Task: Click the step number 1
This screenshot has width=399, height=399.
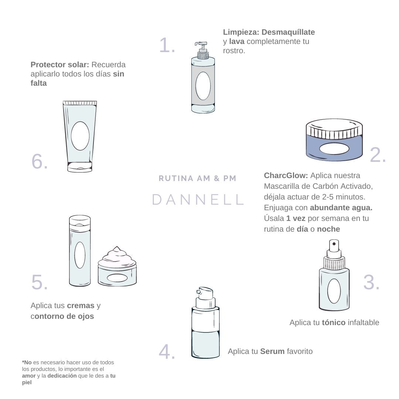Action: click(167, 45)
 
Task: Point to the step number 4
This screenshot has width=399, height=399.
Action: click(167, 352)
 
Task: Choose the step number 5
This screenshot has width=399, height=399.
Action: click(40, 282)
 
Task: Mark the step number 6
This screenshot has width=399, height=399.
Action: click(40, 161)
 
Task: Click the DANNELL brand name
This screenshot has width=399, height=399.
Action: click(198, 199)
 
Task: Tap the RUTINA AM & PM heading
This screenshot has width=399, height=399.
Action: click(197, 178)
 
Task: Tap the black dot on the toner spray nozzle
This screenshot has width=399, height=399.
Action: click(334, 244)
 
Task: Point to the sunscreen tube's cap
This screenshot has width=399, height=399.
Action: click(80, 167)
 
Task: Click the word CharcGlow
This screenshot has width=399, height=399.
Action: click(286, 175)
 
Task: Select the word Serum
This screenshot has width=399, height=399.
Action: click(272, 351)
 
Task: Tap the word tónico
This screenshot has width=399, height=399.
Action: click(334, 323)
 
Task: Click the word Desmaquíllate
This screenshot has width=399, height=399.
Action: click(288, 32)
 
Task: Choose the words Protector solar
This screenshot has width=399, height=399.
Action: click(60, 65)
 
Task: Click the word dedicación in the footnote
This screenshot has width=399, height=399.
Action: click(62, 376)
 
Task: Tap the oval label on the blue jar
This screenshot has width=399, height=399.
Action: click(334, 149)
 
